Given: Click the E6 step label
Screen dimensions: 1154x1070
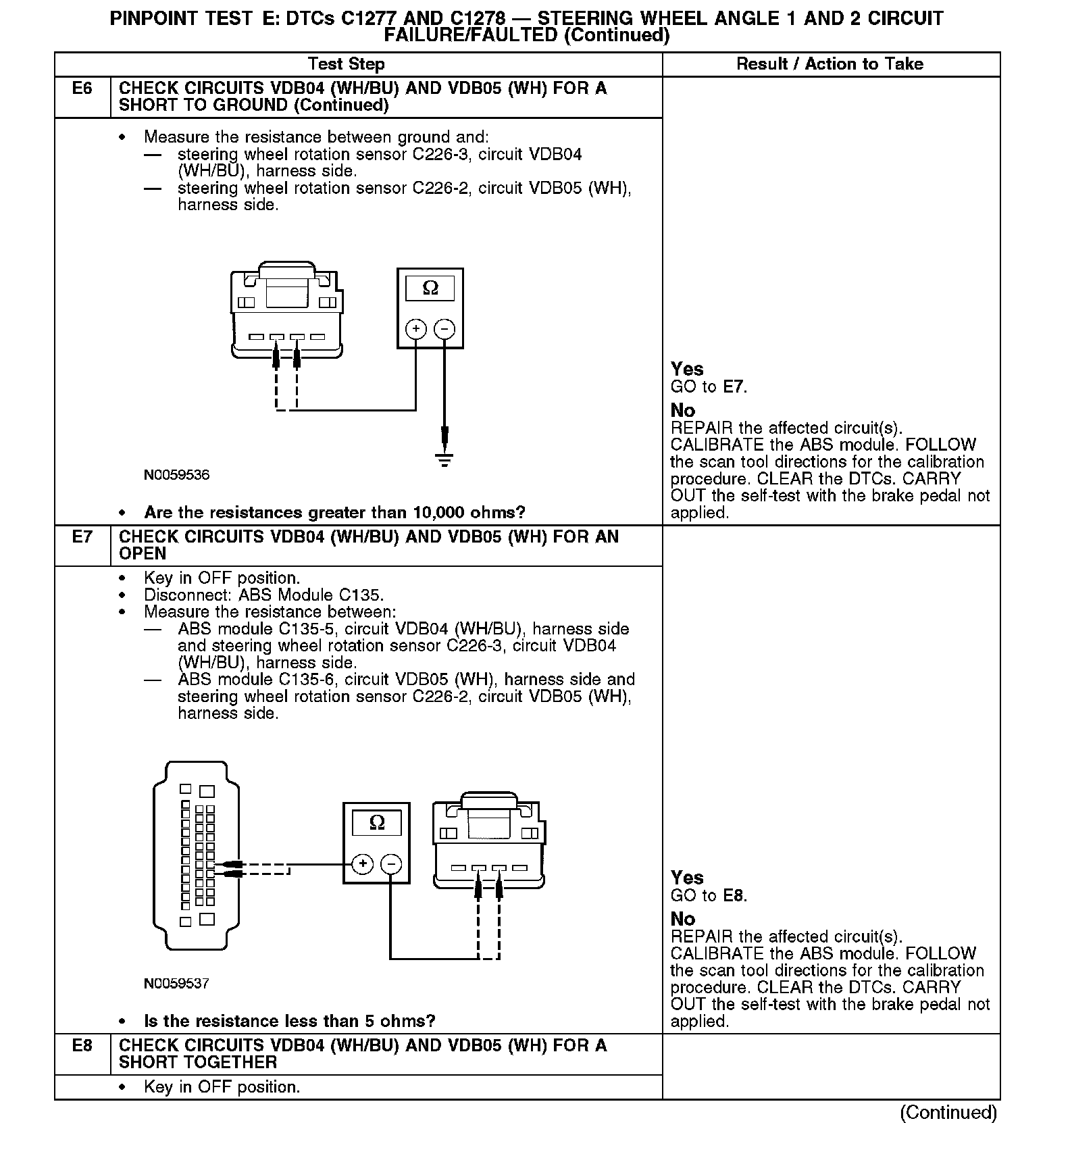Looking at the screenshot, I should [82, 89].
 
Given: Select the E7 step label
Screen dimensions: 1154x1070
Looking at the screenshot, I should [82, 537].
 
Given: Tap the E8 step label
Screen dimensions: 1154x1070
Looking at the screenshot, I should [82, 1046].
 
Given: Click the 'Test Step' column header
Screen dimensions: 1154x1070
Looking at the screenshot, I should [346, 64].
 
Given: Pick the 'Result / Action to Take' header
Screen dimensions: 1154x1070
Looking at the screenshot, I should [830, 64].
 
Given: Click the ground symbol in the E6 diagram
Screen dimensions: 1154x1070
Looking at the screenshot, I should [444, 460].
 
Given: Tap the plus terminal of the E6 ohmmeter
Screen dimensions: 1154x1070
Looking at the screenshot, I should [416, 329].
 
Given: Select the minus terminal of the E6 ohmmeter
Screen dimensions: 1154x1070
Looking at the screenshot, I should [444, 329].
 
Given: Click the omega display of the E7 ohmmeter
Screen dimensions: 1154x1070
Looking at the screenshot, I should [377, 823].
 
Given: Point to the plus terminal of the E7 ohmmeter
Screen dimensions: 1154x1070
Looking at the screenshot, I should [363, 864].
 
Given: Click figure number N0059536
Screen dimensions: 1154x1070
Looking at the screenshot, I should [177, 475].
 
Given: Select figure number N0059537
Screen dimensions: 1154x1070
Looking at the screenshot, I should [177, 984].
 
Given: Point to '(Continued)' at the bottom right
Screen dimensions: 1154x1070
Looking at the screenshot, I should [948, 1112].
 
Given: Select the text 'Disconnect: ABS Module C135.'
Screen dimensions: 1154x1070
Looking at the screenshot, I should [263, 595].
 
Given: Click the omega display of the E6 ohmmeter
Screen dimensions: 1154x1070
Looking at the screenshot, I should [430, 288].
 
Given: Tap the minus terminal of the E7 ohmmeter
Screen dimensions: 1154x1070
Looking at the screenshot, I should [391, 864].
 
